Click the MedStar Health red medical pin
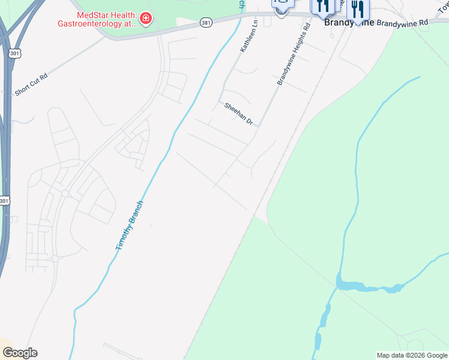(x=145, y=19)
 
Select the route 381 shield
(x=206, y=22)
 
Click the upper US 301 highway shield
(x=13, y=53)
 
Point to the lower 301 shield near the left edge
(x=4, y=200)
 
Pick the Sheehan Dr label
(x=239, y=113)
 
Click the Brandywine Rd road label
(x=402, y=22)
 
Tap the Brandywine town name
(x=349, y=22)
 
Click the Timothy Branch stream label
(x=129, y=225)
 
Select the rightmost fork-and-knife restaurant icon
(x=358, y=10)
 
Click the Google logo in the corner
(x=20, y=353)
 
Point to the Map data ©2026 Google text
(x=412, y=355)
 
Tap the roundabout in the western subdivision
(x=64, y=193)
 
